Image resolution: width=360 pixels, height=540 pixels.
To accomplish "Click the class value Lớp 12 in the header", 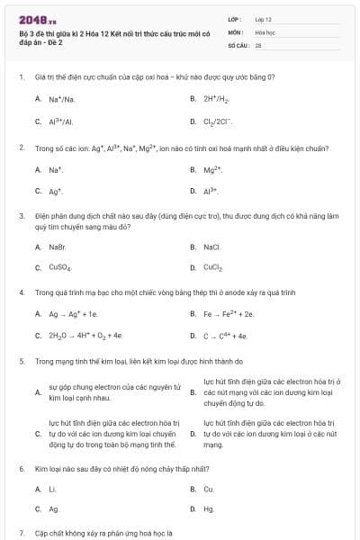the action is [264, 19].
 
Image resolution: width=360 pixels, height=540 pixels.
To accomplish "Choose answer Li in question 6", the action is [52, 489].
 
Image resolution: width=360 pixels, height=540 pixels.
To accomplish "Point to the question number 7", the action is [21, 533].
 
